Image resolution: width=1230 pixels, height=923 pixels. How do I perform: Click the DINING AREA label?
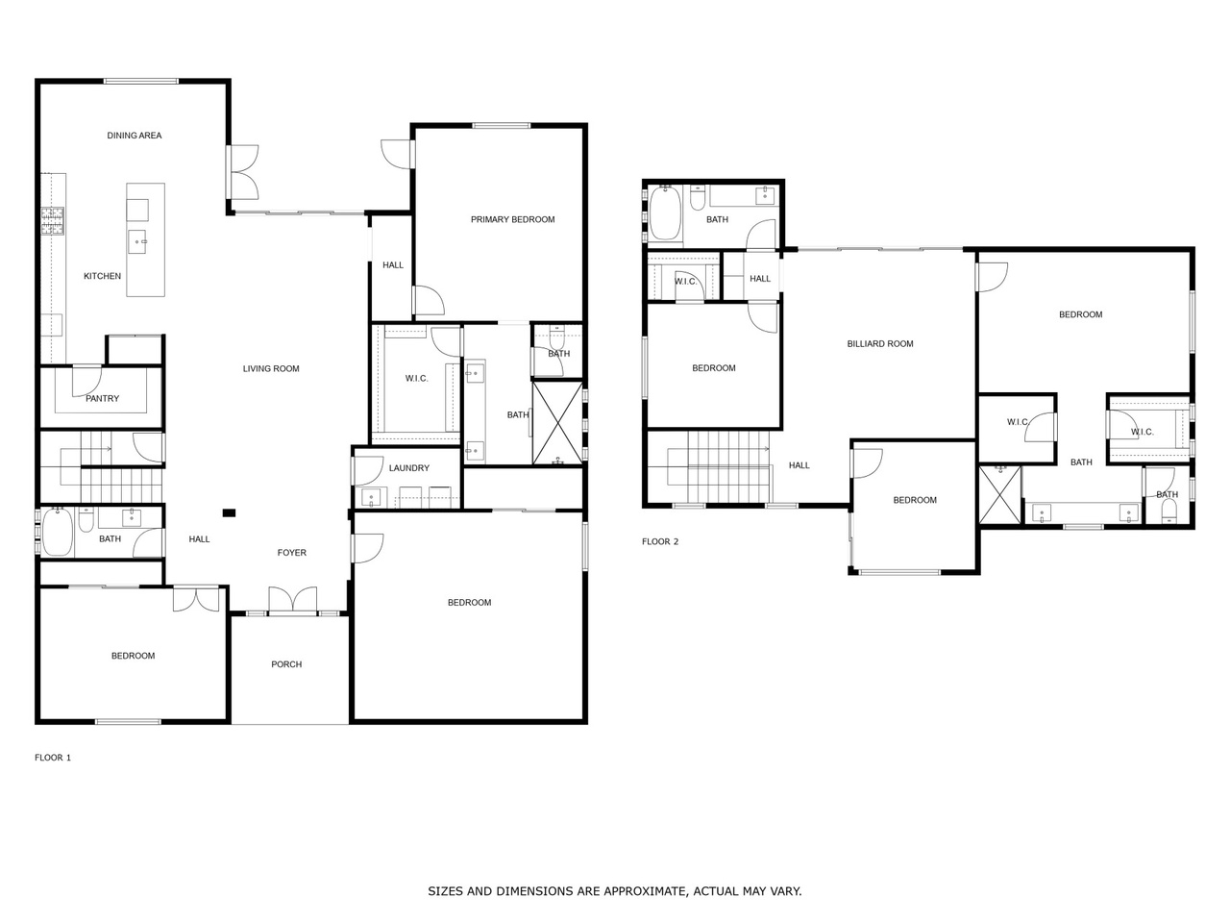(134, 135)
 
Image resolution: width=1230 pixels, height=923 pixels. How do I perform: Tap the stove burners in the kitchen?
(52, 221)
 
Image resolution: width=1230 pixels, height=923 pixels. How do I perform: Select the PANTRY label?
(102, 398)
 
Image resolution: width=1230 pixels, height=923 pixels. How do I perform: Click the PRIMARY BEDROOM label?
(512, 219)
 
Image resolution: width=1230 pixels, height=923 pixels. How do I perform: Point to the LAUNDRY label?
(409, 468)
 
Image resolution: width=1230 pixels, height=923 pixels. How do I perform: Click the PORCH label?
(286, 664)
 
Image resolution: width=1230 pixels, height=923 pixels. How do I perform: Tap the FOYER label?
(291, 553)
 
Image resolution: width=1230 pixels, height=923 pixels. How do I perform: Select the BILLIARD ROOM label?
(880, 344)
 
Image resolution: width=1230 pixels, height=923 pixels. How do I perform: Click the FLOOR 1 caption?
(53, 758)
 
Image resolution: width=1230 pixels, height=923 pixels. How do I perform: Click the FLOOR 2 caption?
(660, 541)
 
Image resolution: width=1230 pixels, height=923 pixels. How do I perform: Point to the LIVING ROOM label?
(271, 369)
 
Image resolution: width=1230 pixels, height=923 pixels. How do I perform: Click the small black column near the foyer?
(229, 512)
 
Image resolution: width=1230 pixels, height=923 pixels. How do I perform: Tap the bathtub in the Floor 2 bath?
(665, 212)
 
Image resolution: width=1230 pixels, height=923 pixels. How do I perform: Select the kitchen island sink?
(137, 242)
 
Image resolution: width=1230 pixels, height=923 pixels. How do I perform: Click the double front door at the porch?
(292, 601)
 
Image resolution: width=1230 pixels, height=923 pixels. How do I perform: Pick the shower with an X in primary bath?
(558, 423)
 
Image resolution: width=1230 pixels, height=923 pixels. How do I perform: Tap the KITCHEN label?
(102, 276)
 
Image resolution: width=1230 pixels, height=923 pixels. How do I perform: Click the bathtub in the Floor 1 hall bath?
(57, 533)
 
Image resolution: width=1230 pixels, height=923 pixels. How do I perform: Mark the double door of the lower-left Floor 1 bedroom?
(196, 599)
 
